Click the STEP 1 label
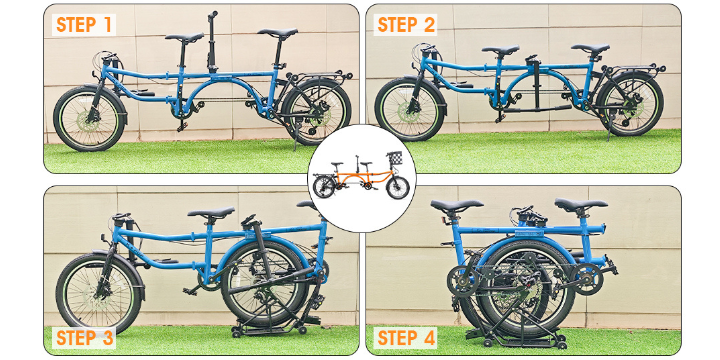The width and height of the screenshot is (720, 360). (x=84, y=25)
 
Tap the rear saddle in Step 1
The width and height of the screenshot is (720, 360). (x=278, y=32)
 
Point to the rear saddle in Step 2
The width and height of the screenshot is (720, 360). (x=590, y=48)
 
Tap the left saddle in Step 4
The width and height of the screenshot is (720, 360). (x=456, y=205)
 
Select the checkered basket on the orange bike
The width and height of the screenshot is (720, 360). (x=395, y=158)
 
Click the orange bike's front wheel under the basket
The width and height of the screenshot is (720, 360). (x=398, y=188)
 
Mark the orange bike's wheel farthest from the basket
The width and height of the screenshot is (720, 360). (x=324, y=187)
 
